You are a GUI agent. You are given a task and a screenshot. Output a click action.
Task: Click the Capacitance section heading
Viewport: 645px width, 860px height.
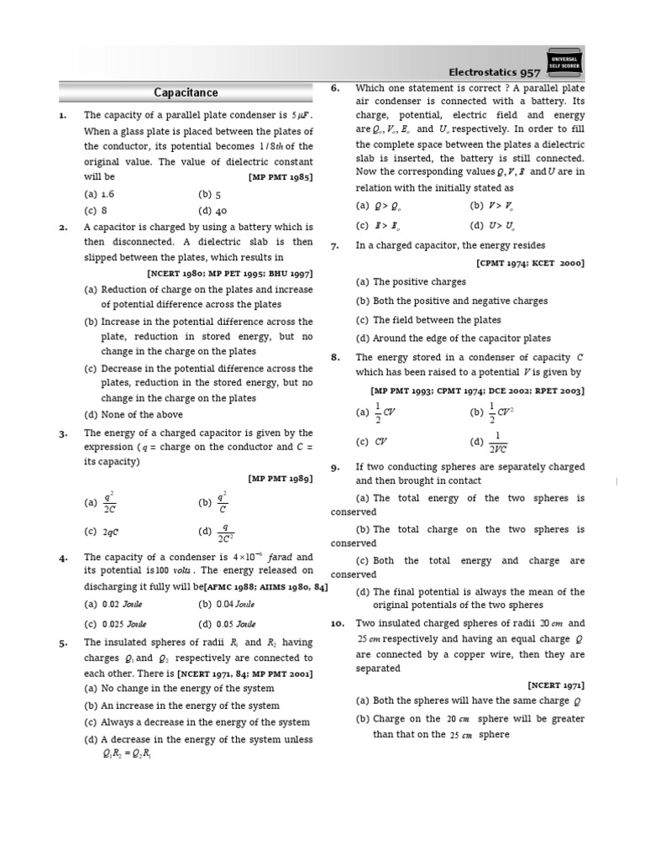click(x=186, y=92)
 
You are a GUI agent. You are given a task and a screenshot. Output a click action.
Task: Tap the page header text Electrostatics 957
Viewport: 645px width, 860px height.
click(x=493, y=73)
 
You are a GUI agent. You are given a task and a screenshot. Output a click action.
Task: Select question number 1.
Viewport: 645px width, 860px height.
click(x=63, y=115)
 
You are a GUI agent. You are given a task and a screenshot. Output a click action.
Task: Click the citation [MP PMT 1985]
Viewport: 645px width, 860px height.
click(x=281, y=177)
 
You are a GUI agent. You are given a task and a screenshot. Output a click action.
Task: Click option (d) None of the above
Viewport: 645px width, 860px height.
click(x=134, y=414)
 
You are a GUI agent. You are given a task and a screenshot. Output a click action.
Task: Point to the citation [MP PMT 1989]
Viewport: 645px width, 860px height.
click(x=281, y=478)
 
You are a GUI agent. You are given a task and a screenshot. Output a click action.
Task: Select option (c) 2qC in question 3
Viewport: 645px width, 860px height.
click(x=102, y=532)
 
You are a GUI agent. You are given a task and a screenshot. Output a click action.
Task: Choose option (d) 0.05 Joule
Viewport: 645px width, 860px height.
click(x=227, y=624)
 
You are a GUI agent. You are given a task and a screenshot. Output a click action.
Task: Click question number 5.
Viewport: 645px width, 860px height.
click(x=63, y=642)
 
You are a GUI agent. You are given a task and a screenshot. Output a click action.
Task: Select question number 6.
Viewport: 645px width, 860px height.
click(x=334, y=87)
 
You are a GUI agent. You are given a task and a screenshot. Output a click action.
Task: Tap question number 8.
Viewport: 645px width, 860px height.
click(x=334, y=357)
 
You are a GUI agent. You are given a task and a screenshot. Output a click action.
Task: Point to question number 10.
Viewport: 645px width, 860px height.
click(x=337, y=624)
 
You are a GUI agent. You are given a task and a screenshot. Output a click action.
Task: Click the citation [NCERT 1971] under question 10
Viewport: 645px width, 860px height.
click(x=556, y=684)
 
